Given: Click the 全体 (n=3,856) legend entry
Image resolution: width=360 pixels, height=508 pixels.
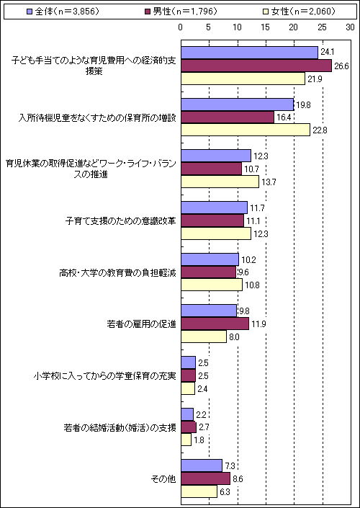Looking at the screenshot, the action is [x=62, y=12].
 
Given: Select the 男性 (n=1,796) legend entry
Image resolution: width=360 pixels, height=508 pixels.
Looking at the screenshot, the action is [x=180, y=12].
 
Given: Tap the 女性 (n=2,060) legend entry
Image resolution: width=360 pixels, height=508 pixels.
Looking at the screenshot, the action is [x=298, y=12].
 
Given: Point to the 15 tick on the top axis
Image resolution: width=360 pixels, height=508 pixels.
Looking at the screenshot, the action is [x=266, y=28].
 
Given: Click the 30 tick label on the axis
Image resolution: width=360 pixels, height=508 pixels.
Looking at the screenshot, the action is [x=351, y=28].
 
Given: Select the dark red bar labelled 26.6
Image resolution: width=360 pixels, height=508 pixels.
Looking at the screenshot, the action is [x=256, y=66].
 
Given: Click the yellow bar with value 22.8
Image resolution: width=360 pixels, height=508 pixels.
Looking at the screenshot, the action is [x=246, y=130].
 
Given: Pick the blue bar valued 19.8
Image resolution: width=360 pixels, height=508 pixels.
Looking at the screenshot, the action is [x=238, y=104].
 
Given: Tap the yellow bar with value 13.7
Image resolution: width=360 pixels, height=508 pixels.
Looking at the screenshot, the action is [x=220, y=182].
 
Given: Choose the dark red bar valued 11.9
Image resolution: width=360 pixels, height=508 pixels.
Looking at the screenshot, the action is [x=215, y=324].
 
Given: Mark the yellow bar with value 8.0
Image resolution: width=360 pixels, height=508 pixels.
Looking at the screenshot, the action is [x=204, y=337].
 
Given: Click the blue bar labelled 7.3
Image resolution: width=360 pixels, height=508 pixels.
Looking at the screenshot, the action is [x=202, y=465].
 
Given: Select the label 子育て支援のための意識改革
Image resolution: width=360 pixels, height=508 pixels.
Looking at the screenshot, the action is [x=121, y=220].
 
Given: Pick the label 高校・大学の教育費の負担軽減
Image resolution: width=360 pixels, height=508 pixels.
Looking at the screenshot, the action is [x=118, y=272].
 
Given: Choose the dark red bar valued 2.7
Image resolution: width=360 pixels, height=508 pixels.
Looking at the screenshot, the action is [x=189, y=427].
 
